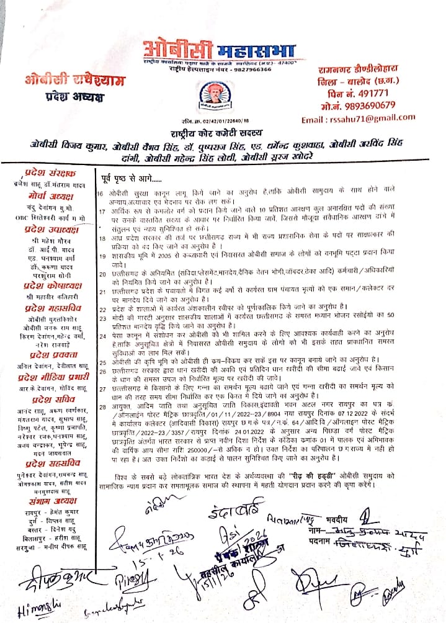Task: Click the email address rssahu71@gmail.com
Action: [x=358, y=118]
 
